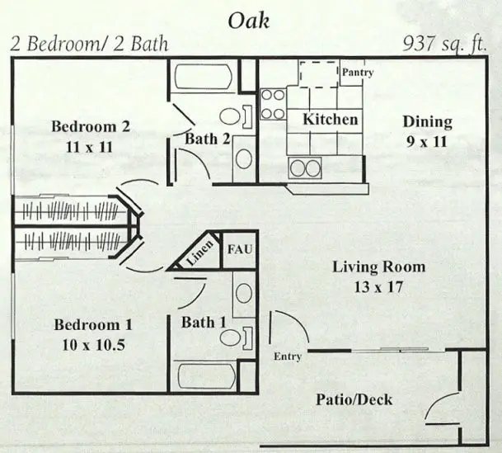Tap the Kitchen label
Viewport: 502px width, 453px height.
coord(331,120)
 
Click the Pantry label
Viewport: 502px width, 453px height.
coord(358,73)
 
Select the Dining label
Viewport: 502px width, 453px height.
coord(427,122)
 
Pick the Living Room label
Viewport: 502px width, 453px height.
coord(379,267)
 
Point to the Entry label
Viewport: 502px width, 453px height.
coord(287,356)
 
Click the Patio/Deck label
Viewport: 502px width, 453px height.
coord(354,400)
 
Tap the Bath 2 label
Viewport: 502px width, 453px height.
coord(207,139)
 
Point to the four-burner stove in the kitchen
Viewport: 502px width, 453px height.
coord(273,103)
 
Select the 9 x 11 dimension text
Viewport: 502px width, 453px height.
coord(427,143)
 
